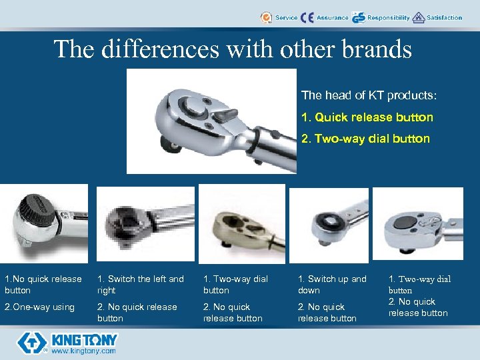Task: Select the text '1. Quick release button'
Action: coord(367,117)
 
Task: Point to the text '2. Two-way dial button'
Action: coord(365,139)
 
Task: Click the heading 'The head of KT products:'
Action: coord(369,96)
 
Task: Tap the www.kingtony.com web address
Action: coord(83,351)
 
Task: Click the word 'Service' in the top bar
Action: coord(286,17)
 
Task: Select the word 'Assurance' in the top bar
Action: coord(332,17)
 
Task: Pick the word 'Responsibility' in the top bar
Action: coord(388,17)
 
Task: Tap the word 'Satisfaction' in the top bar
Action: coord(444,17)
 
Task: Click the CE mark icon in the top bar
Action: coord(307,17)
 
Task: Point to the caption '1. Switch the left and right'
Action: coord(140,285)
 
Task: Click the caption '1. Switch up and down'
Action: coord(331,285)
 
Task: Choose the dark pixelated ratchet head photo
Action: coord(145,224)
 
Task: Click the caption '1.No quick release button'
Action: coord(43,285)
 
